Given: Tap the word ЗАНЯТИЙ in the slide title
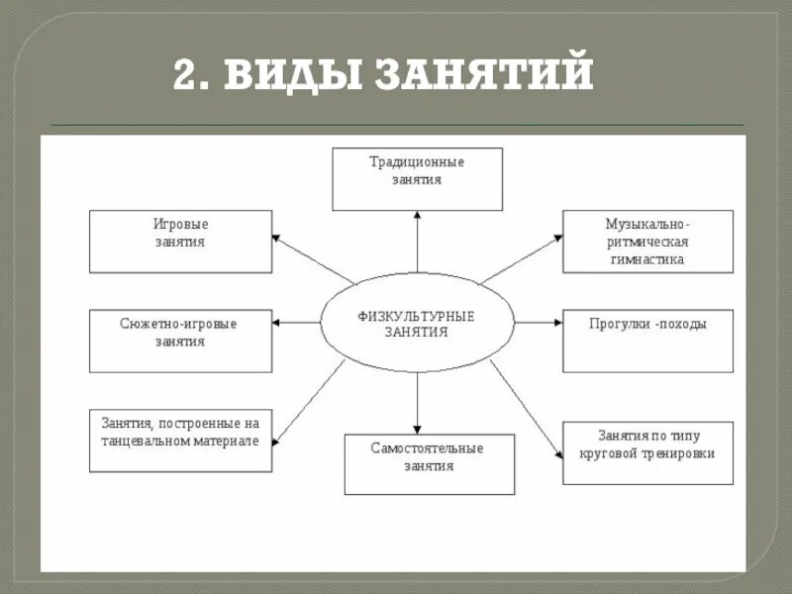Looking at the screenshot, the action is click(x=484, y=74).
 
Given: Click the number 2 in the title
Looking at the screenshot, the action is click(x=186, y=74).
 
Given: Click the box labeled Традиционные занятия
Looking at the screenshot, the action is click(x=417, y=179).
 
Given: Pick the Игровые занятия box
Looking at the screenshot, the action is click(x=180, y=241).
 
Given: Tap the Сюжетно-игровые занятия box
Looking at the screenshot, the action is click(x=180, y=341).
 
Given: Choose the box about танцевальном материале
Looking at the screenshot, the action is click(x=180, y=440).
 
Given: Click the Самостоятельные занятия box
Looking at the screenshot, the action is click(x=429, y=463).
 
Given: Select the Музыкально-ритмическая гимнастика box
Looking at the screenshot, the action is click(x=647, y=241).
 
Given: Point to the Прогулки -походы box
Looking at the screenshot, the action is click(x=647, y=341).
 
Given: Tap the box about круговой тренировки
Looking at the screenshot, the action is click(x=647, y=451).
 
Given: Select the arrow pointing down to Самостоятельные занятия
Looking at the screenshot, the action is click(x=417, y=401).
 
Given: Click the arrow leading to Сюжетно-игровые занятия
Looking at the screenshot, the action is click(x=297, y=323).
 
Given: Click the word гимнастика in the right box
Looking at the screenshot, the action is click(x=647, y=259).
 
